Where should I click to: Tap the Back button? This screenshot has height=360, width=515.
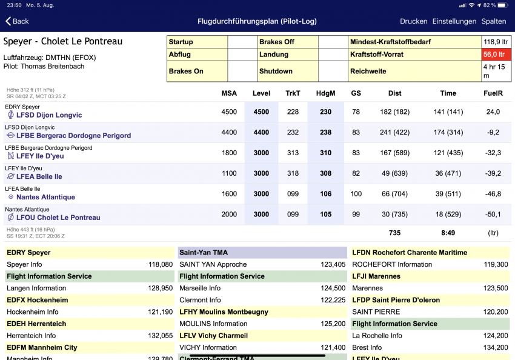click(x=17, y=21)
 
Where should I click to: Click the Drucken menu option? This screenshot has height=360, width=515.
click(x=413, y=21)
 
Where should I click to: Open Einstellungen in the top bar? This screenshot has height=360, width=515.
click(x=454, y=21)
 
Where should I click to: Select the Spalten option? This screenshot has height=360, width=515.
click(x=494, y=21)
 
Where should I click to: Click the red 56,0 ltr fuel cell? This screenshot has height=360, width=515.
click(x=496, y=55)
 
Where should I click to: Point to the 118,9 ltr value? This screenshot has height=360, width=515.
click(x=496, y=42)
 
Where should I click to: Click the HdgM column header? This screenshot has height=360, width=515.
click(x=325, y=93)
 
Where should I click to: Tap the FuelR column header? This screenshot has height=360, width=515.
click(x=493, y=93)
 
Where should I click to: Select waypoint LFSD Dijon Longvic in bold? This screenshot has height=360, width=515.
click(x=49, y=115)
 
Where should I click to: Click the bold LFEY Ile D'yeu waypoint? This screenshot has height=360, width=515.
click(x=40, y=156)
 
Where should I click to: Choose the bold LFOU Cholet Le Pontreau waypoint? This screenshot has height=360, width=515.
click(x=58, y=218)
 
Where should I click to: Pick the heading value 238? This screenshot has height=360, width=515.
click(x=325, y=132)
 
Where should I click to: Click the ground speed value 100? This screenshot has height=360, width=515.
click(x=356, y=194)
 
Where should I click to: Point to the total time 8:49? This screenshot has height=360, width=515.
click(x=448, y=233)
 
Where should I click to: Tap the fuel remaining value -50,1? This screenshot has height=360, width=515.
click(x=493, y=215)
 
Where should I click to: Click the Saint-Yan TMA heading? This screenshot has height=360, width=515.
click(x=204, y=253)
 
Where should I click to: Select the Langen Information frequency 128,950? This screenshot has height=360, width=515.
click(x=161, y=288)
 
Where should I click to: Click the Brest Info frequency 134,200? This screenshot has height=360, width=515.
click(x=496, y=347)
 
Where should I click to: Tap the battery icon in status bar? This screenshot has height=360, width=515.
click(x=503, y=5)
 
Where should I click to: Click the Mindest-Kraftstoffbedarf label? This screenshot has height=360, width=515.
click(x=391, y=42)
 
